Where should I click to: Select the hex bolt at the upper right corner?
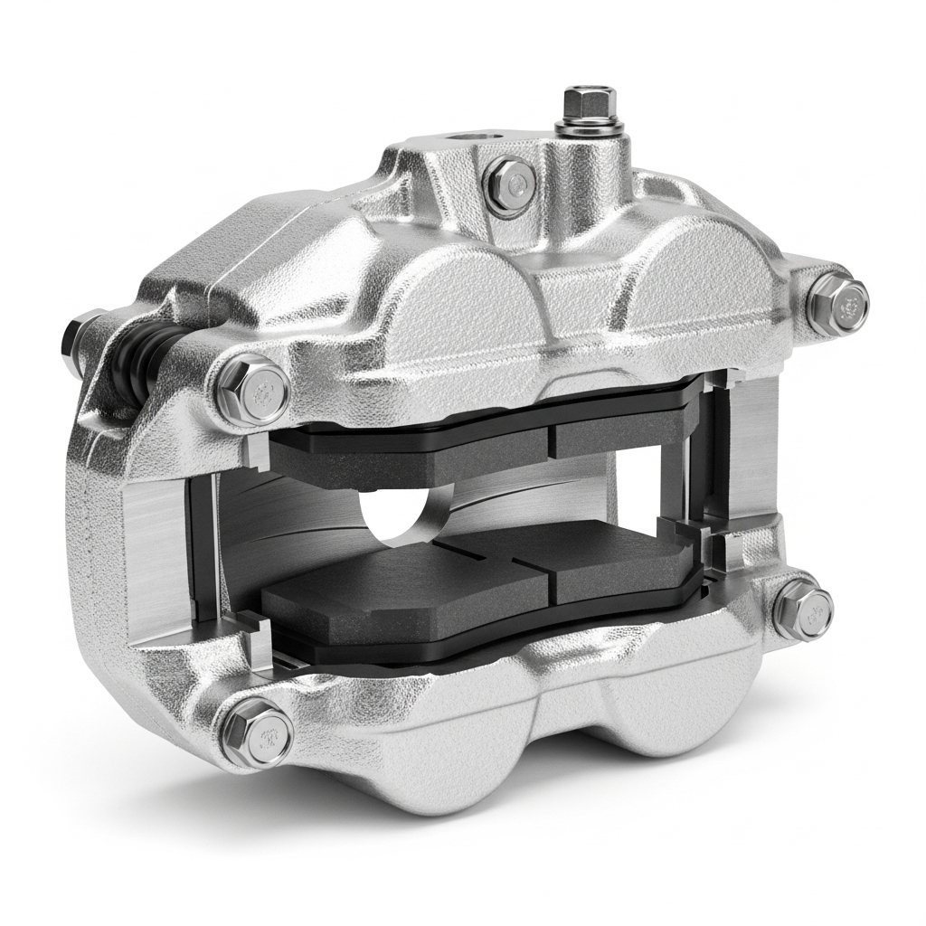click(x=837, y=301)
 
